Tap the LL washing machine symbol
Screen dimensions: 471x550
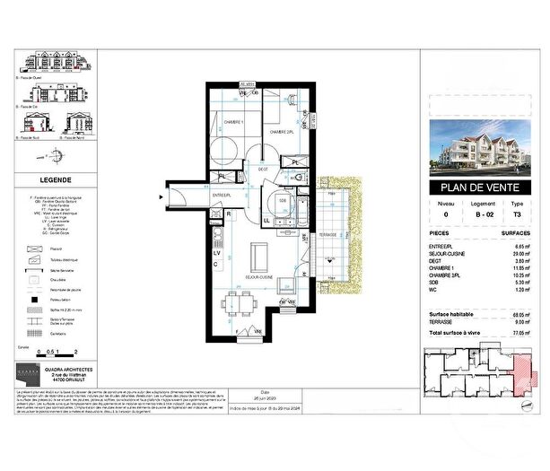(266, 220)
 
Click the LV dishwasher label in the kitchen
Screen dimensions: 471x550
(216, 252)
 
